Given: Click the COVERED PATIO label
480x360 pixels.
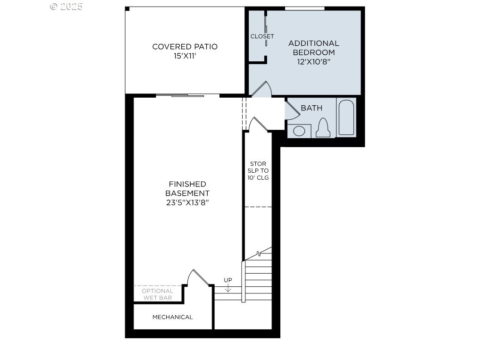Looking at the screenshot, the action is [x=185, y=47].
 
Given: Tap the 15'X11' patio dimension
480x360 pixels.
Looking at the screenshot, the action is [x=185, y=56].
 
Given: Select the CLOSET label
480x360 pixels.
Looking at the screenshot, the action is [x=262, y=36].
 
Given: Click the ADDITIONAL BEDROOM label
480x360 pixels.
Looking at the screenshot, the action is [x=314, y=48].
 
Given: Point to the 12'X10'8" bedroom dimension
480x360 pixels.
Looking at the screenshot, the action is [x=314, y=61].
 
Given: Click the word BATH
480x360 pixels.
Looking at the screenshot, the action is [x=312, y=108].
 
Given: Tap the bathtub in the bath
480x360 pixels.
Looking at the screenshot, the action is [x=346, y=117].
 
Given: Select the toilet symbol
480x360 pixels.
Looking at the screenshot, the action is [x=323, y=127].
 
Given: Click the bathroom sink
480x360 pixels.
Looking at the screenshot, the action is [x=299, y=131].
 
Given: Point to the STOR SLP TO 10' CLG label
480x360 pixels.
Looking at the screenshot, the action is [x=258, y=171].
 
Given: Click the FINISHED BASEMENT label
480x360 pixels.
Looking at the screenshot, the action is [x=187, y=189].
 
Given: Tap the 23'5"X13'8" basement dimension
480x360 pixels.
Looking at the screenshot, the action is [x=187, y=203].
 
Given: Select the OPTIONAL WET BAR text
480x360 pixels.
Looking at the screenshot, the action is [x=158, y=294].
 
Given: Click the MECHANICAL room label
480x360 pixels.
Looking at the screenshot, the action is [x=173, y=317].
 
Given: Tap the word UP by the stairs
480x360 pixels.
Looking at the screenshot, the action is [x=228, y=280].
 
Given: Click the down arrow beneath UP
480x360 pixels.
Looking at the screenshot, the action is [x=228, y=288].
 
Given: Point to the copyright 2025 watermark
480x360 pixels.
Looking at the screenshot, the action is [x=67, y=7].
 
